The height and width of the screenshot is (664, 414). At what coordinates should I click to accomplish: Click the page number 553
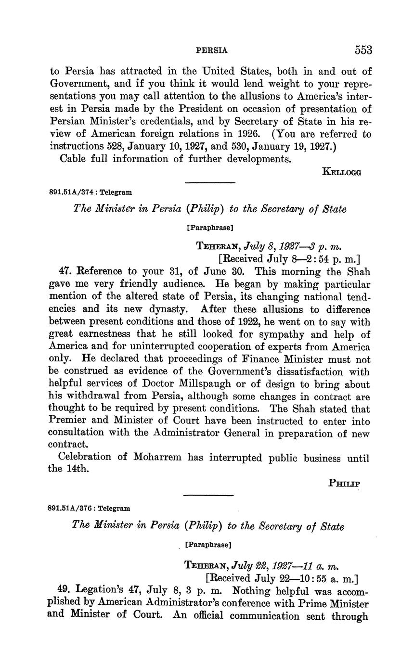[x=363, y=50]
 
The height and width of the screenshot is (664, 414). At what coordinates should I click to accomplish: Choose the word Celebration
[x=85, y=457]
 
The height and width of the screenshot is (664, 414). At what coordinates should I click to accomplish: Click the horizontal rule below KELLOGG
[x=210, y=182]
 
